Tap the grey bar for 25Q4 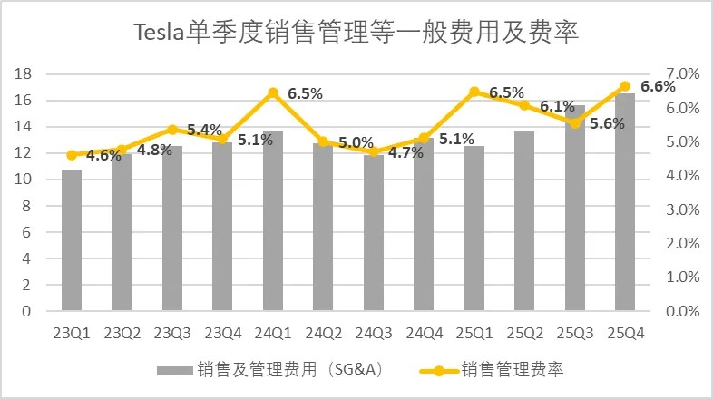coord(625,202)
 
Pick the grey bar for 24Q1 coord(273,220)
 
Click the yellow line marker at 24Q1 coord(273,92)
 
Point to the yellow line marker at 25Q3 coord(574,122)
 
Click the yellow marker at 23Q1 coord(72,155)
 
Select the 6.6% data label coord(659,87)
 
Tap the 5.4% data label coord(204,130)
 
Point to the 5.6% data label coord(607,124)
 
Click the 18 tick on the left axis coord(25,74)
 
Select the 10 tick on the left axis coord(25,180)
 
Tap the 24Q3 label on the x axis coord(374,332)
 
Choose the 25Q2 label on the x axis coord(524,332)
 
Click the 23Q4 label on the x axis coord(223,332)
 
